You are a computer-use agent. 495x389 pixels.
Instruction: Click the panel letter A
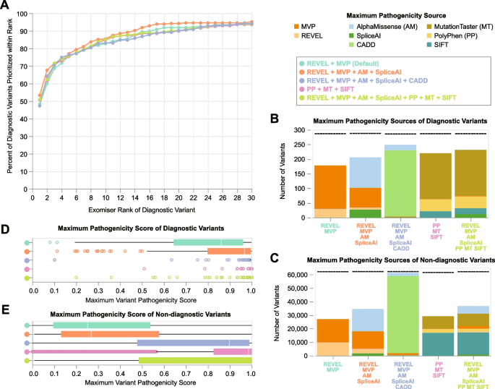(5, 6)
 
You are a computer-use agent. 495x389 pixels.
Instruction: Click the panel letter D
(5, 230)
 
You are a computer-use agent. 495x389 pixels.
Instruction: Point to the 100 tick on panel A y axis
(20, 14)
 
